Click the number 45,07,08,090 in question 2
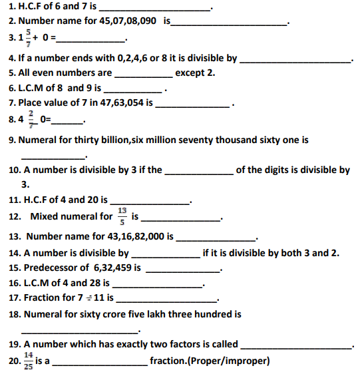(126, 21)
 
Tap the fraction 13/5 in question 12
(122, 216)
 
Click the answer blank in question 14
(164, 254)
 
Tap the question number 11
(15, 199)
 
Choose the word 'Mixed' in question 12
(43, 216)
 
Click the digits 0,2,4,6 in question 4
(132, 58)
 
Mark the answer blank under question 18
(79, 330)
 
